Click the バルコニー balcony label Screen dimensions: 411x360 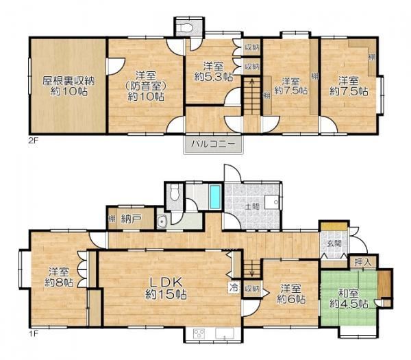point(212,144)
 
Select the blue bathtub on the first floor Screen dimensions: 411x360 point(215,196)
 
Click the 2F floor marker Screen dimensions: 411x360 point(34,140)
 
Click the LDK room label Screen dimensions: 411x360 point(166,283)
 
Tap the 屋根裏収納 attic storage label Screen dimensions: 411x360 point(68,80)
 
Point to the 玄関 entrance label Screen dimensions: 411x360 point(334,243)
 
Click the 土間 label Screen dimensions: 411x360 point(252,206)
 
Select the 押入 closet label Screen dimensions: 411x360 point(363,262)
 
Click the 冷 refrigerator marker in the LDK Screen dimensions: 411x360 point(234,288)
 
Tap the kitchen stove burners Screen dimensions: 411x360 point(199,334)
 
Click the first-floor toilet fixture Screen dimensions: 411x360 point(174,193)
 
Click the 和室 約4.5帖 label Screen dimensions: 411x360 point(349,299)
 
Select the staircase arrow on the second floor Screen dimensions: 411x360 point(252,96)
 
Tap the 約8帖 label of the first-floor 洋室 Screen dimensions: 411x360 point(59,283)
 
